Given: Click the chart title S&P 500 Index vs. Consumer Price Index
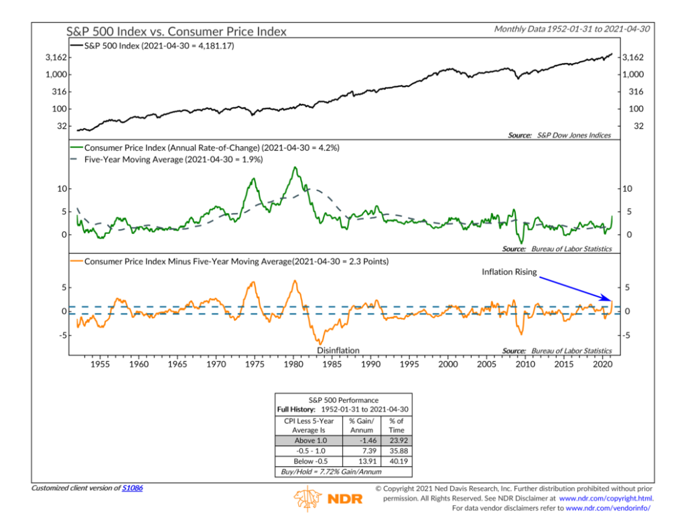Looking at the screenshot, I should [176, 31].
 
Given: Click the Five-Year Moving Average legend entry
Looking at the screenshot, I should [173, 160].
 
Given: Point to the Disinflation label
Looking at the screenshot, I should [338, 350].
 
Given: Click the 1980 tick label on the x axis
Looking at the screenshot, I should [293, 364].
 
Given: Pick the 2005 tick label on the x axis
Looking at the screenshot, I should [486, 364].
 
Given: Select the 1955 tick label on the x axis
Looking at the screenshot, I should [100, 364].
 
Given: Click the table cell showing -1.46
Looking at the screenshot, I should [361, 440].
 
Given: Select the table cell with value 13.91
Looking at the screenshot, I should [361, 462].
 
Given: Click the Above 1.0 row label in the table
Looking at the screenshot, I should [309, 440].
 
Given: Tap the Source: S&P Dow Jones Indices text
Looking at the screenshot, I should [559, 135].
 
